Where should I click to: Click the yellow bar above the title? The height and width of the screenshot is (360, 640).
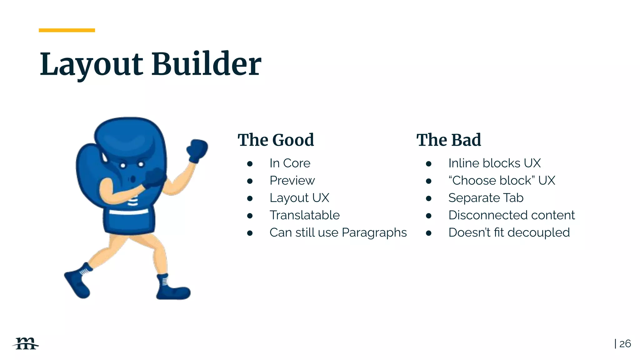tap(67, 30)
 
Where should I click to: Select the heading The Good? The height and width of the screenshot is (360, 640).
tap(276, 140)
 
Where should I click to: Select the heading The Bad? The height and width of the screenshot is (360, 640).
tap(448, 140)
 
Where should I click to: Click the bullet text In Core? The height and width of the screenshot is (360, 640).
tap(290, 163)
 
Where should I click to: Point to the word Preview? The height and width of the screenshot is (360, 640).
tap(292, 181)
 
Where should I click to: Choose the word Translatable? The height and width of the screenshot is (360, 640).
tap(304, 215)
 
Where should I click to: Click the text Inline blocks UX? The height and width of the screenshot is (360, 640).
tap(494, 163)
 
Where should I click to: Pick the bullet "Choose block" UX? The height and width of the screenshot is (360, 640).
tap(502, 181)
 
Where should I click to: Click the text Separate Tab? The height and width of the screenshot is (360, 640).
tap(486, 198)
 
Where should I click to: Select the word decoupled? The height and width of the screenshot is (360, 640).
tap(538, 233)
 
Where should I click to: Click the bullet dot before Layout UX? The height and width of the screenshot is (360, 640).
tap(250, 198)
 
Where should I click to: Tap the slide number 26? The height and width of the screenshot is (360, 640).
tap(625, 344)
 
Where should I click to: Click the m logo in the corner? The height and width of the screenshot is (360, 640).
tap(26, 343)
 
